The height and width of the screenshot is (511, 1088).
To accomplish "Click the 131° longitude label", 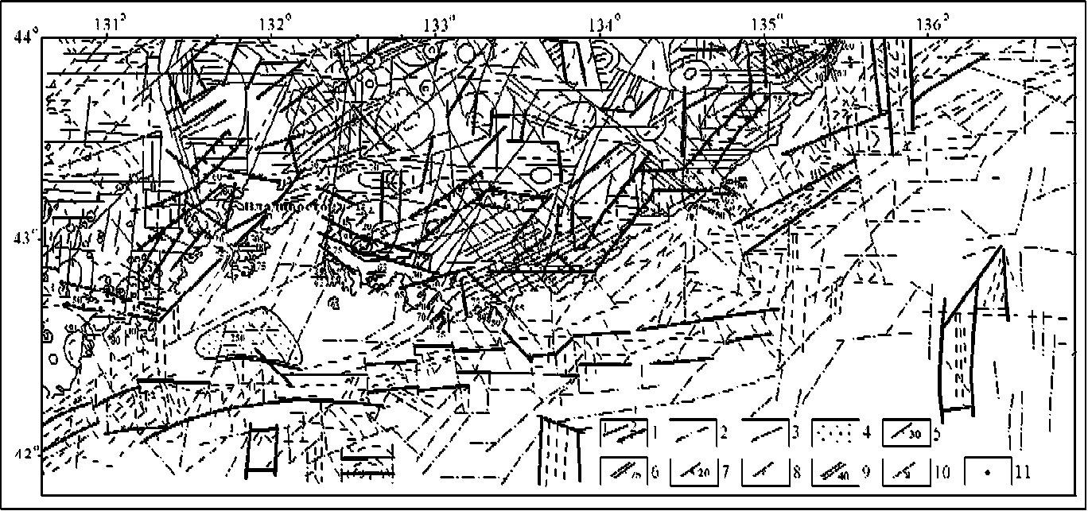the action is point(110,24).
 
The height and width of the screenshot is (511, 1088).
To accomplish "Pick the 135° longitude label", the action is point(768,24).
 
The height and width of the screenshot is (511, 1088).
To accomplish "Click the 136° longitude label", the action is point(931,24).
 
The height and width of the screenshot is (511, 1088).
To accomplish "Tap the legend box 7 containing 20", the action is point(694,472).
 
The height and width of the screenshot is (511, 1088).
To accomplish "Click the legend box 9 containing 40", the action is point(834,472).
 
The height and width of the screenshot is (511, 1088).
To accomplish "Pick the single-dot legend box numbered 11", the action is point(987,472).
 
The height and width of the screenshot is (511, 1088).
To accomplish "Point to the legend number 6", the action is point(654,473).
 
